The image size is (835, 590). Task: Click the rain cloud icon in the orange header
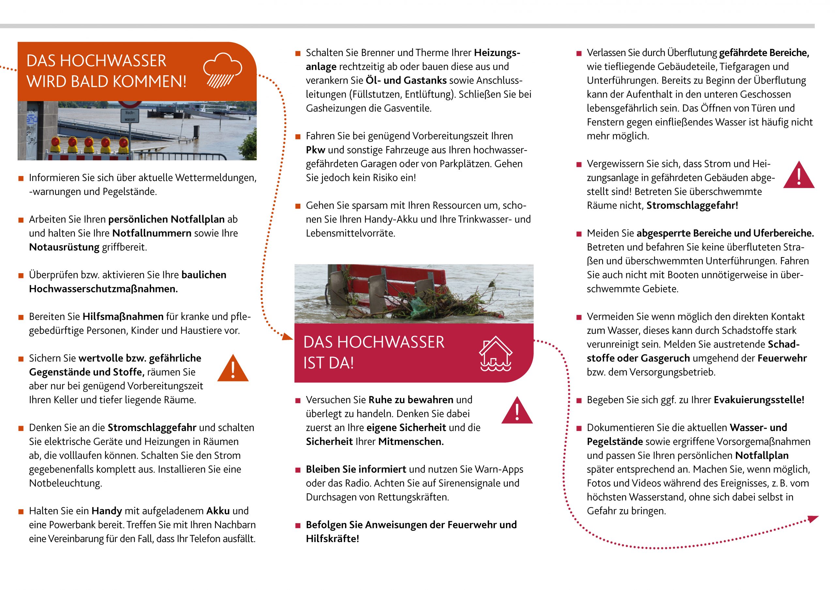pyautogui.click(x=222, y=70)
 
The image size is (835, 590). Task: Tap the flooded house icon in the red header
pyautogui.click(x=495, y=354)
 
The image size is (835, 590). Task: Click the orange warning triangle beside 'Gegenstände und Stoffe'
pyautogui.click(x=233, y=369)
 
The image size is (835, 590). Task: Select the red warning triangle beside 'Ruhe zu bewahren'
pyautogui.click(x=517, y=411)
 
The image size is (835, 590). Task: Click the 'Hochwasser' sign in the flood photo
pyautogui.click(x=130, y=116)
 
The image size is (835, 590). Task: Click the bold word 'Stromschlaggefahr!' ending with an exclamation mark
pyautogui.click(x=692, y=205)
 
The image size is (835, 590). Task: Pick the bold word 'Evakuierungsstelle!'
pyautogui.click(x=759, y=400)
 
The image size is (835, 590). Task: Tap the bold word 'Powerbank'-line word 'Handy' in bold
pyautogui.click(x=106, y=511)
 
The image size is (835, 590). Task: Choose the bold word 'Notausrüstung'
pyautogui.click(x=64, y=247)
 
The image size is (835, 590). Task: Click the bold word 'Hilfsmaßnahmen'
pyautogui.click(x=123, y=317)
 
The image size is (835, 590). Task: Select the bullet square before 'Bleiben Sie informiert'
pyautogui.click(x=298, y=470)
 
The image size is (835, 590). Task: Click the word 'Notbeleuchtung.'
pyautogui.click(x=66, y=483)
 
